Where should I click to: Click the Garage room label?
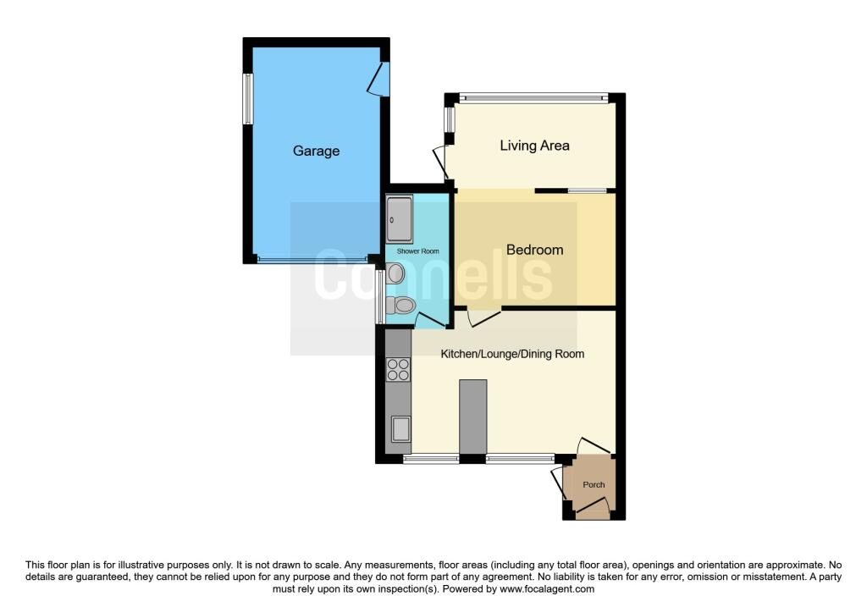coord(316,151)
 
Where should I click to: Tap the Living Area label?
coord(534,146)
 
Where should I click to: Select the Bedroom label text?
coord(535,250)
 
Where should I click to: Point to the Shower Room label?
coord(417,251)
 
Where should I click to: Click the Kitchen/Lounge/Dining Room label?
coord(512,354)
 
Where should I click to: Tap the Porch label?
coord(594,485)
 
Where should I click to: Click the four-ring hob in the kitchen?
coord(398,370)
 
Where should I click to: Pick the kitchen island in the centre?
coord(472,417)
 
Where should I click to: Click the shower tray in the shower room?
coord(400,219)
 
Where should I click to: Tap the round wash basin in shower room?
coord(396,273)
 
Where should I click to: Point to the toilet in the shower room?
coord(400,305)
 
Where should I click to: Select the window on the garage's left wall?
coord(248,99)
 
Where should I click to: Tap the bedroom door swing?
coord(483,317)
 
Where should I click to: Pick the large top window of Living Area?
coord(533,98)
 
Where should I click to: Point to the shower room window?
coord(380,296)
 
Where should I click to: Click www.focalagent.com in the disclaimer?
coord(547,589)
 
